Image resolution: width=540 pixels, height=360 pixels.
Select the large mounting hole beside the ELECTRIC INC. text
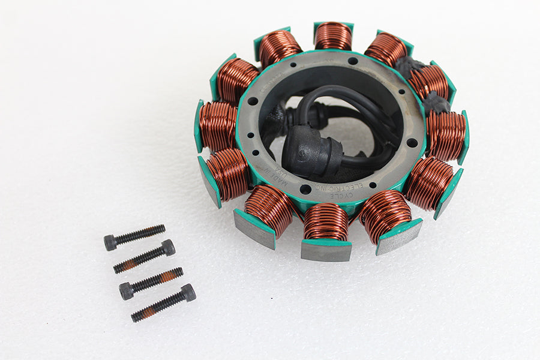pos(305,189)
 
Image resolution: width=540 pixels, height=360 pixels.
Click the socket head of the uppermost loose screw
pos(110,242)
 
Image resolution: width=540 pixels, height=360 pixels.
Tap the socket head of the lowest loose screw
pos(188,293)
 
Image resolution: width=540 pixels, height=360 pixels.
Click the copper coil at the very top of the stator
pos(333,36)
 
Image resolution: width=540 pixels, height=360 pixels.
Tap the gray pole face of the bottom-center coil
pos(326,251)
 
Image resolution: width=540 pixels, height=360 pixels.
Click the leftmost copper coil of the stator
pos(218,126)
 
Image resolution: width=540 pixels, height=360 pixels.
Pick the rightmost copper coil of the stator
pos(446,136)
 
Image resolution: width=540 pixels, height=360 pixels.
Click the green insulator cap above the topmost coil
pos(334,25)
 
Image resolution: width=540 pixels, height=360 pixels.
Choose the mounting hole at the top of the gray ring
pos(353,61)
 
